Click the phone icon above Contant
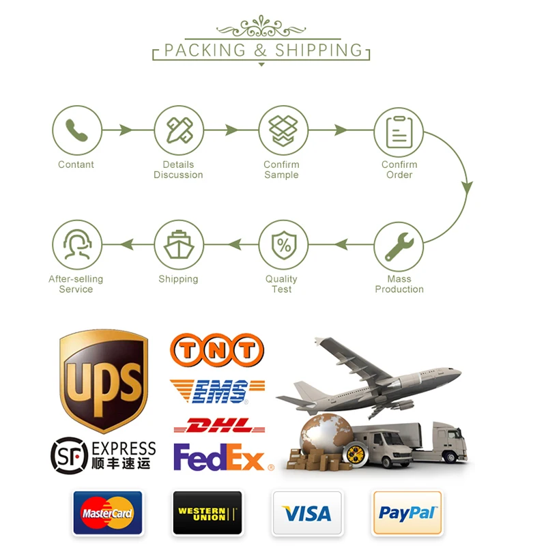77,130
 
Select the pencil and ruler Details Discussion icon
179,130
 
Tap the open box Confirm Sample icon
283,130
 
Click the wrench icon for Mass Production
399,245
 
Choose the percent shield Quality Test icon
283,245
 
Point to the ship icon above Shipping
179,245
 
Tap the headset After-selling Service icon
77,245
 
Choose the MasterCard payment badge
107,512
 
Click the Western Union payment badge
207,512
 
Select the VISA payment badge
307,512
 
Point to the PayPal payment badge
407,512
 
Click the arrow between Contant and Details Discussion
127,130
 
